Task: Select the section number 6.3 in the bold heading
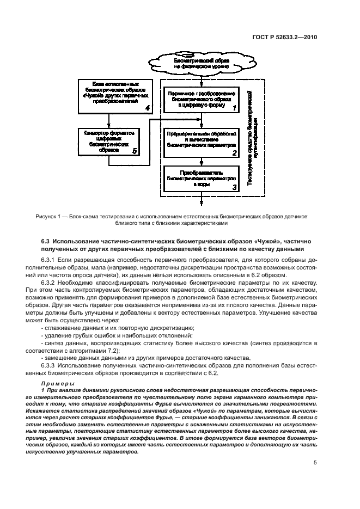click(x=47, y=240)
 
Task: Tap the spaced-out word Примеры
click(x=56, y=385)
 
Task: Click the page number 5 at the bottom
click(x=315, y=463)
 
